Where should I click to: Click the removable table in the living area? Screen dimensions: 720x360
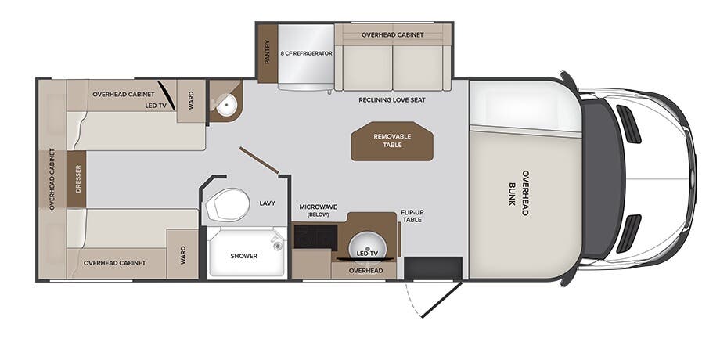coord(392,141)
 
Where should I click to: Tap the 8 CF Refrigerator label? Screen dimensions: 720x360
coord(306,53)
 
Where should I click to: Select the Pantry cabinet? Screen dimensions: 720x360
coord(267,52)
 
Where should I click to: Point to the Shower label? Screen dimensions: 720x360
coord(244,256)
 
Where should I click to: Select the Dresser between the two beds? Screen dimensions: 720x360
coord(77,179)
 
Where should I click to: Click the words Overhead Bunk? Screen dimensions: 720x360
coord(518,193)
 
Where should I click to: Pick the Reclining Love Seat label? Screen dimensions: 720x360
coord(392,99)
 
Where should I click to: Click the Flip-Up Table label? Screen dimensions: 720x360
coord(411,216)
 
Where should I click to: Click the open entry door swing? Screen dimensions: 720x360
coord(441,300)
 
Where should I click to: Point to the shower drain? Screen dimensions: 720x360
coord(277,246)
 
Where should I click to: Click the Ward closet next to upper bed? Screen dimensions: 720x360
coord(191,101)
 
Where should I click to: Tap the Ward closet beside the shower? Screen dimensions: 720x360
coord(183,254)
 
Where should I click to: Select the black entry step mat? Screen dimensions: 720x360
coord(433,268)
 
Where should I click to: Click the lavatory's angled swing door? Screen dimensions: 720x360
coord(259,160)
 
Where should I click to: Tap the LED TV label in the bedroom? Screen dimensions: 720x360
coord(155,106)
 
